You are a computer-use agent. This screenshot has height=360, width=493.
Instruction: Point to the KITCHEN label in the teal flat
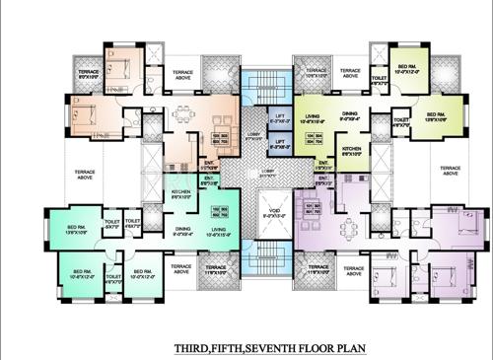coord(180,193)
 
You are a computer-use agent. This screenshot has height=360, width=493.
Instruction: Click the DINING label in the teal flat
coord(182,232)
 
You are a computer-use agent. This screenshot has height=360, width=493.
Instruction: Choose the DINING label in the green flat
coord(349,115)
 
